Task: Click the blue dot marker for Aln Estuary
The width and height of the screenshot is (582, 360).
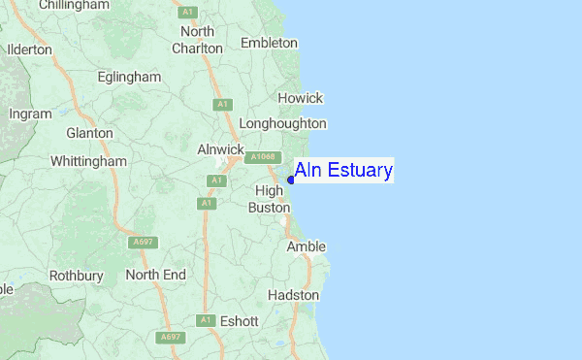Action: (x=291, y=179)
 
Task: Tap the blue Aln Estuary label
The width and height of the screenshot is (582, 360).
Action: (x=343, y=172)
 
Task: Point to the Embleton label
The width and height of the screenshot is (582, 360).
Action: (x=269, y=43)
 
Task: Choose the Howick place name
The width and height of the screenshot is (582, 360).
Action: (x=300, y=98)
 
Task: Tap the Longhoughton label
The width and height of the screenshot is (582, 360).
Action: (x=282, y=123)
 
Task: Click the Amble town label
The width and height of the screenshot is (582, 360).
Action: (x=306, y=247)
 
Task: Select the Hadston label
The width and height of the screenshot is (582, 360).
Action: (x=293, y=294)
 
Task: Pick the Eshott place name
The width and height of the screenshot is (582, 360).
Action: (x=240, y=320)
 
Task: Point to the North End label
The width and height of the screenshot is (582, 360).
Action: (x=155, y=275)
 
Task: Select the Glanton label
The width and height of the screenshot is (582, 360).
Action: (x=89, y=133)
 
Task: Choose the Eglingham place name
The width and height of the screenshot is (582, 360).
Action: (x=130, y=76)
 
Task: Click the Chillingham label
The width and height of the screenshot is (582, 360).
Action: (x=67, y=6)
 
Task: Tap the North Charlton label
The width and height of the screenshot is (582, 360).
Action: (x=197, y=40)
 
